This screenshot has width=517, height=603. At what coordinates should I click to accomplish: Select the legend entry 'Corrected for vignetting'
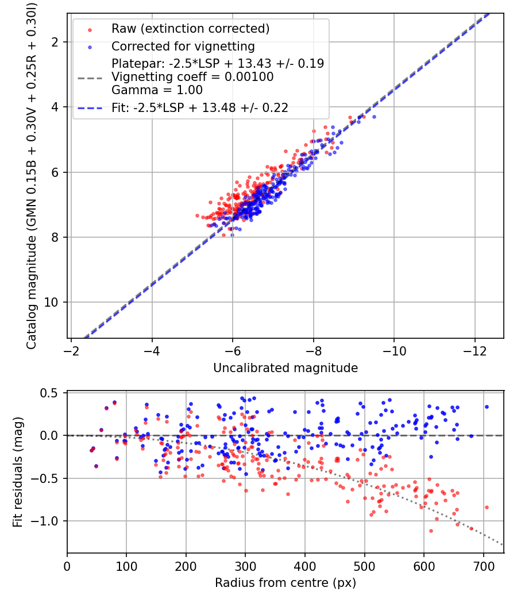[x=183, y=46]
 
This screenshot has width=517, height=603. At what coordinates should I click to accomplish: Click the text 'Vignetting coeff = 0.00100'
[x=192, y=76]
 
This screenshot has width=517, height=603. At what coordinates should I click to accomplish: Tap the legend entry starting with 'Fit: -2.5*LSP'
[x=200, y=107]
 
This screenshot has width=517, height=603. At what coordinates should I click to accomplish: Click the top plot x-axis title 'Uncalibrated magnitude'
[x=285, y=368]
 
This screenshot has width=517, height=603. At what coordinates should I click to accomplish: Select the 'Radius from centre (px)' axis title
[x=285, y=583]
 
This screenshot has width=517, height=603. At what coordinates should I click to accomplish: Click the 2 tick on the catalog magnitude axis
[x=56, y=42]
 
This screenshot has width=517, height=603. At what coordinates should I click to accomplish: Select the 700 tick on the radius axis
[x=483, y=567]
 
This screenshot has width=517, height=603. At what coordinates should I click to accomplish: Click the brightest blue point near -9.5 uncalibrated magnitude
[x=374, y=117]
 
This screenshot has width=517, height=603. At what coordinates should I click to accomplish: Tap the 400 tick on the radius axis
[x=305, y=567]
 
